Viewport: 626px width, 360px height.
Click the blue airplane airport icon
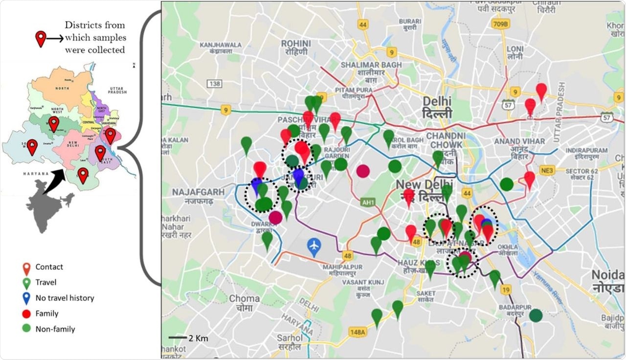[314, 245]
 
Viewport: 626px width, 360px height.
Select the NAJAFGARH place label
[191, 192]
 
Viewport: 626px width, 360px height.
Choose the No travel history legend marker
[27, 298]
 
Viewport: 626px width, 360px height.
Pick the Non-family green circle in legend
[27, 329]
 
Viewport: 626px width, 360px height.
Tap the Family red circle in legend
[27, 314]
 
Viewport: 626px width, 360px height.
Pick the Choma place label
[244, 298]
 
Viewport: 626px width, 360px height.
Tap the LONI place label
[515, 49]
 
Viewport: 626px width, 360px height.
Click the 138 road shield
[214, 84]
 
